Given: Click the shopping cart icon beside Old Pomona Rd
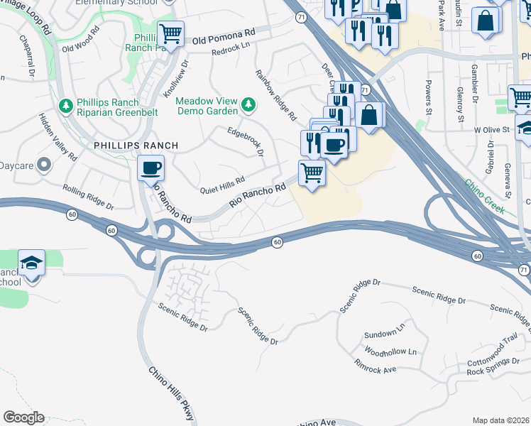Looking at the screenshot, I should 171,33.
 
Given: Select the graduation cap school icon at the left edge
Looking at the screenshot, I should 31,263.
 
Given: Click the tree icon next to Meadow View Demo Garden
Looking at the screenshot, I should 248,105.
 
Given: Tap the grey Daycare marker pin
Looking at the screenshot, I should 44,165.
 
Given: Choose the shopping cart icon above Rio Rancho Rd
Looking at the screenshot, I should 312,172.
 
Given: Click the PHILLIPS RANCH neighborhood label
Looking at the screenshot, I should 136,146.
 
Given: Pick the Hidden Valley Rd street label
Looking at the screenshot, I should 58,135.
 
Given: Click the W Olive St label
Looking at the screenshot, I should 492,130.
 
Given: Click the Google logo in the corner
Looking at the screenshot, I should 23,417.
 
